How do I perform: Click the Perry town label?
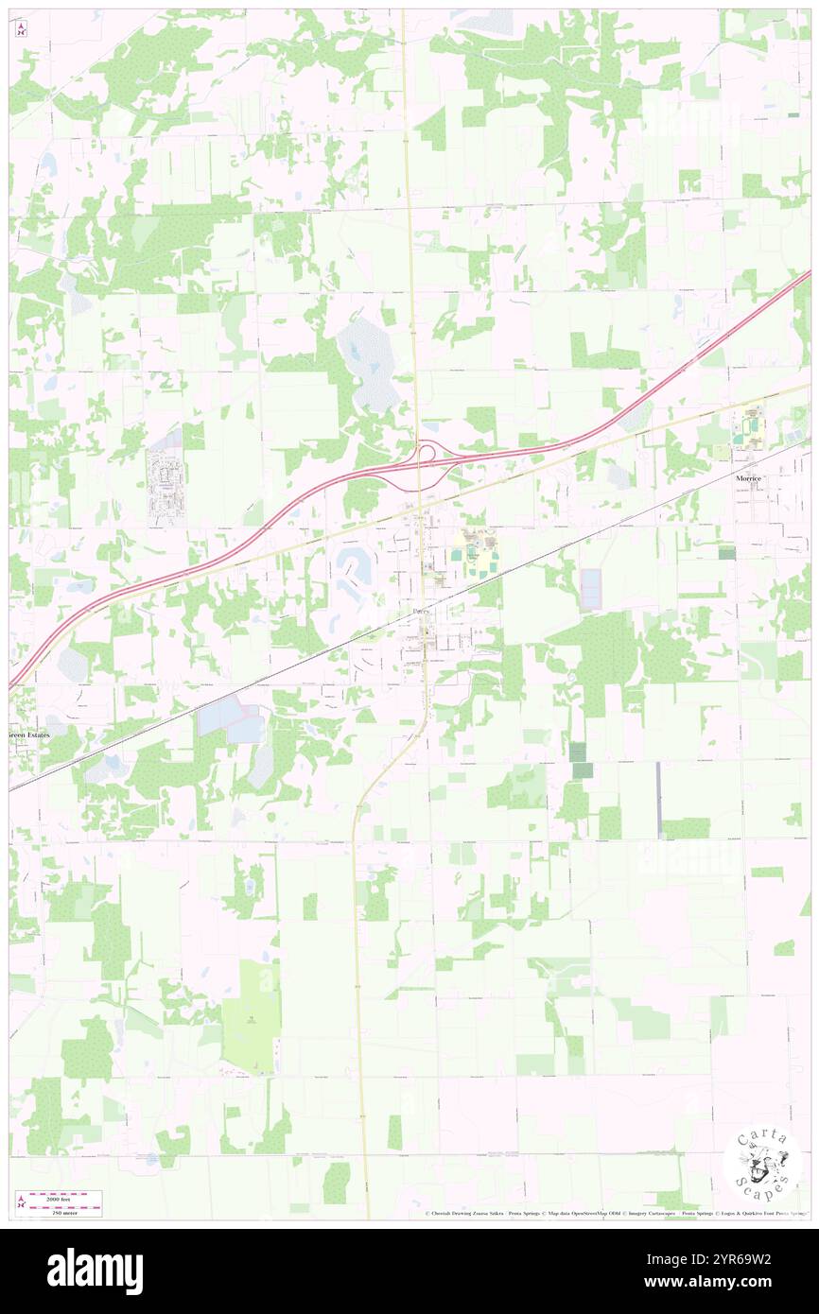[422, 613]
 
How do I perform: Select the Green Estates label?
[28, 735]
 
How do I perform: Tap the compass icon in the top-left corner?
[22, 30]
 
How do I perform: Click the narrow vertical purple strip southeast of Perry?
[658, 799]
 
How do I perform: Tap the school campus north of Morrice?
[753, 423]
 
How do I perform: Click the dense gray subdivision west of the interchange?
[165, 486]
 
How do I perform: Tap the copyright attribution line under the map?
[615, 1214]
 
